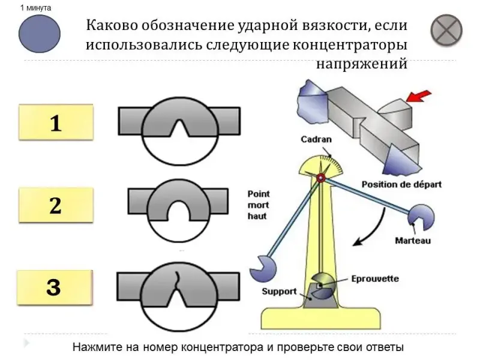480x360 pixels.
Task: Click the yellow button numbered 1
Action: (56, 124)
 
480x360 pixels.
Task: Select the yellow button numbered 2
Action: (56, 206)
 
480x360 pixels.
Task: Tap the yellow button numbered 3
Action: (54, 288)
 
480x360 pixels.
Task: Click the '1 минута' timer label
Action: (35, 8)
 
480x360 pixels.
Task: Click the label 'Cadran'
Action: (316, 140)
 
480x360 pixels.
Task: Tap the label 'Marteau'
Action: (413, 241)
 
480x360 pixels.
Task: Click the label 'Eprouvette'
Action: (375, 279)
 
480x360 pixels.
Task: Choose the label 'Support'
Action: (279, 292)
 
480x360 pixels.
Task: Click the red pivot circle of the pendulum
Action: (321, 178)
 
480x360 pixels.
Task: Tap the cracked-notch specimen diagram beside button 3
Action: (179, 290)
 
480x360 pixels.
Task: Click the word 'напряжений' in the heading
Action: (362, 63)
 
